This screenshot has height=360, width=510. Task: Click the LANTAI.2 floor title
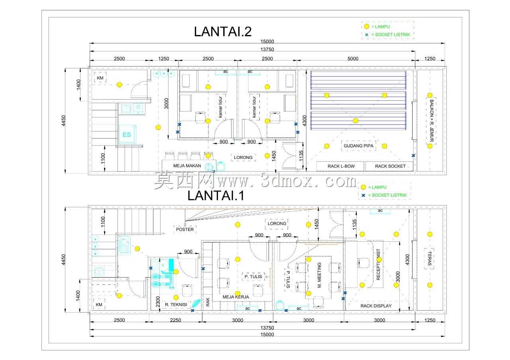pyautogui.click(x=222, y=31)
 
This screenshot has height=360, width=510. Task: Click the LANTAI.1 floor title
pyautogui.click(x=216, y=196)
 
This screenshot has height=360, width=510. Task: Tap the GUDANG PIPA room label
pyautogui.click(x=358, y=146)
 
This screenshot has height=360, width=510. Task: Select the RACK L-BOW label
pyautogui.click(x=341, y=166)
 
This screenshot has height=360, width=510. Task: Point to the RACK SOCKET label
pyautogui.click(x=390, y=166)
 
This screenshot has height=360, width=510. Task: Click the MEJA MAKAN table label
pyautogui.click(x=187, y=166)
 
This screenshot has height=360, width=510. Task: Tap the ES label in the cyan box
pyautogui.click(x=127, y=135)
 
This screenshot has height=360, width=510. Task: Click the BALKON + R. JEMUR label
pyautogui.click(x=432, y=121)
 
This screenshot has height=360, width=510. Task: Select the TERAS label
pyautogui.click(x=430, y=258)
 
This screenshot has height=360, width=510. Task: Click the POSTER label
pyautogui.click(x=184, y=229)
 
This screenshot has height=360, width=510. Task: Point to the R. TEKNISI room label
pyautogui.click(x=176, y=305)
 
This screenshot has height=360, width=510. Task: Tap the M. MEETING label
pyautogui.click(x=319, y=275)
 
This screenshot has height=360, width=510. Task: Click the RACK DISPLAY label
pyautogui.click(x=376, y=306)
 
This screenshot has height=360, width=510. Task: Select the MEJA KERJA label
pyautogui.click(x=235, y=297)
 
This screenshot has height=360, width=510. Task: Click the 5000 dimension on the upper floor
pyautogui.click(x=353, y=59)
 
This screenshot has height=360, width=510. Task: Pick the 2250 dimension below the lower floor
pyautogui.click(x=175, y=320)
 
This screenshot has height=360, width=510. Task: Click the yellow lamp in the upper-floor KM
pyautogui.click(x=119, y=85)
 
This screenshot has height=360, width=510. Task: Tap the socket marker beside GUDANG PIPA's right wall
pyautogui.click(x=413, y=156)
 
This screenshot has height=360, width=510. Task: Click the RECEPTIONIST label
pyautogui.click(x=378, y=264)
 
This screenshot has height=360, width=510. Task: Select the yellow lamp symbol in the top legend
pyautogui.click(x=366, y=27)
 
